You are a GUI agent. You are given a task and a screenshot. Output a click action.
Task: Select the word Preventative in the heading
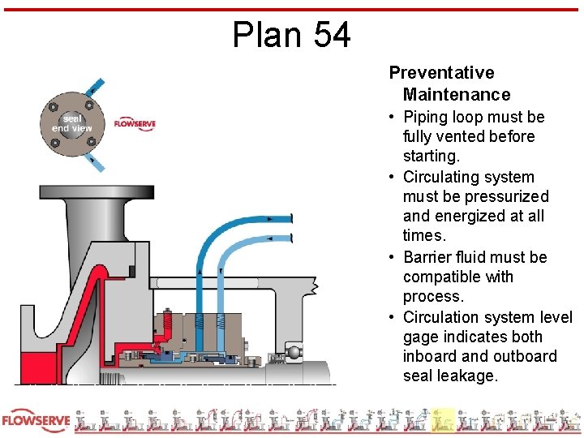[x=441, y=73]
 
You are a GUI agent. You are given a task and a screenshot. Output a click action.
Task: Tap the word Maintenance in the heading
[x=457, y=95]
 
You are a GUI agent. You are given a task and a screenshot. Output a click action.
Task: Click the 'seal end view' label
[x=72, y=123]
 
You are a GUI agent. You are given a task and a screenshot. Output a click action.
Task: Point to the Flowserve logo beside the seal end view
[x=134, y=123]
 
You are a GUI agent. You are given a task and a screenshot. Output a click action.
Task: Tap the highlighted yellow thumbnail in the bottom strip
[x=443, y=419]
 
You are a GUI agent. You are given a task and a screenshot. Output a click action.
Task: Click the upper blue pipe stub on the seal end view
[x=96, y=86]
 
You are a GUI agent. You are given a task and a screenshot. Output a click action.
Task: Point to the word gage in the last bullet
[x=422, y=337]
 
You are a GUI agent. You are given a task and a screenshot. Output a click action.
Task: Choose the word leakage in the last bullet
[x=470, y=376]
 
